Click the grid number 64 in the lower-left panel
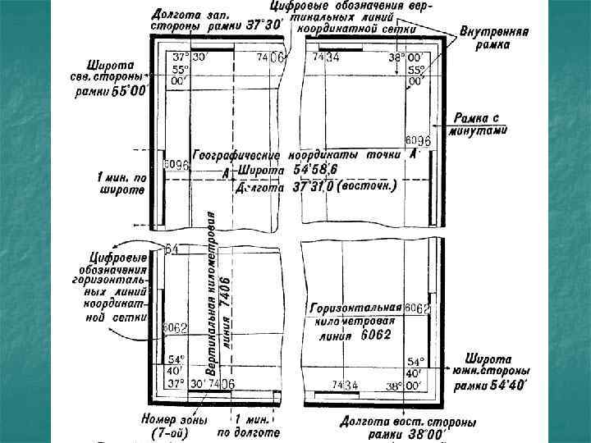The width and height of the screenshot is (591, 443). pos(172,249)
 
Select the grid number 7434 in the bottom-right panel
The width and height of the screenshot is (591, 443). pos(345,385)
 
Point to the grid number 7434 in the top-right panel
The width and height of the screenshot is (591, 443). pos(326,57)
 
